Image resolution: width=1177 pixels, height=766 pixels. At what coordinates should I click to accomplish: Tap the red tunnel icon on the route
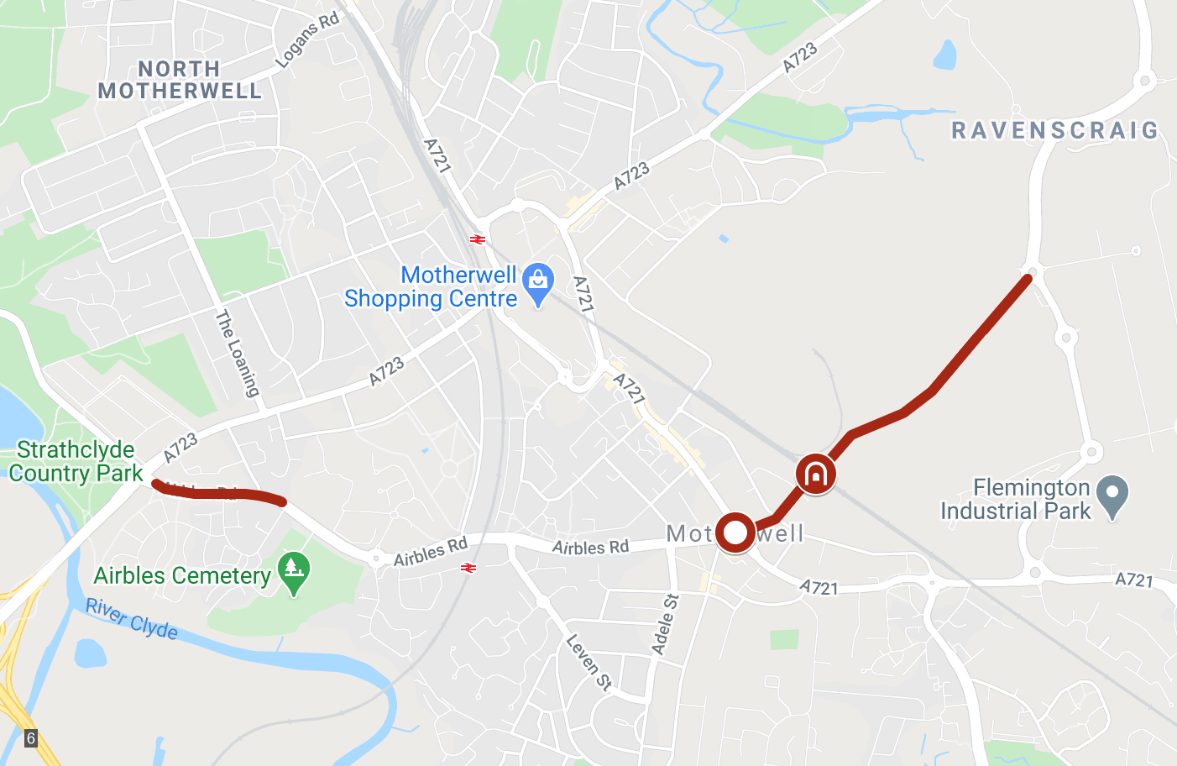815,475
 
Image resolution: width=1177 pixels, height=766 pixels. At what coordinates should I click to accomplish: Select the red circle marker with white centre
735,533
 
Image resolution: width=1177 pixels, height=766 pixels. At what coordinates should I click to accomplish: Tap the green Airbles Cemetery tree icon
293,571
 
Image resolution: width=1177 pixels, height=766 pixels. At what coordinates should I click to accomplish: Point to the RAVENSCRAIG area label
1054,130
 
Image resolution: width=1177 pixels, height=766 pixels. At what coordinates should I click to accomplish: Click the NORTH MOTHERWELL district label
180,80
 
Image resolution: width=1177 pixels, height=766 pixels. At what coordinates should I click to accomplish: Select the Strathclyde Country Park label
76,461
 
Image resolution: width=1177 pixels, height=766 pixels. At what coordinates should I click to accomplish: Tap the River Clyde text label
132,619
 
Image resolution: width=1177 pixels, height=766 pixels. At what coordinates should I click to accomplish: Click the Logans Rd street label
307,39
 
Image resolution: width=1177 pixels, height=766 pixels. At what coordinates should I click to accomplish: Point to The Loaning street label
238,353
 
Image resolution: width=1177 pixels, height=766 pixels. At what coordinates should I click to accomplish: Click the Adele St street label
665,624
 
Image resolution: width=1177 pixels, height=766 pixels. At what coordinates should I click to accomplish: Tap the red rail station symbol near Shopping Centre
478,239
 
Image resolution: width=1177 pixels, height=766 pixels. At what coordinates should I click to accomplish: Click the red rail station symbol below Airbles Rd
468,569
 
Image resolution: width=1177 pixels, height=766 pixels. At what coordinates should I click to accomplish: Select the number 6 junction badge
31,738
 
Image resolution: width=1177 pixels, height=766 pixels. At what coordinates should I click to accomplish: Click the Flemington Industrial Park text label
1015,499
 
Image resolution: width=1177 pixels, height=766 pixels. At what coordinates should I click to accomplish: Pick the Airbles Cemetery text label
181,575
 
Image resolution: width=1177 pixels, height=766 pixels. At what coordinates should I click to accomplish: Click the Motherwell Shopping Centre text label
431,286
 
